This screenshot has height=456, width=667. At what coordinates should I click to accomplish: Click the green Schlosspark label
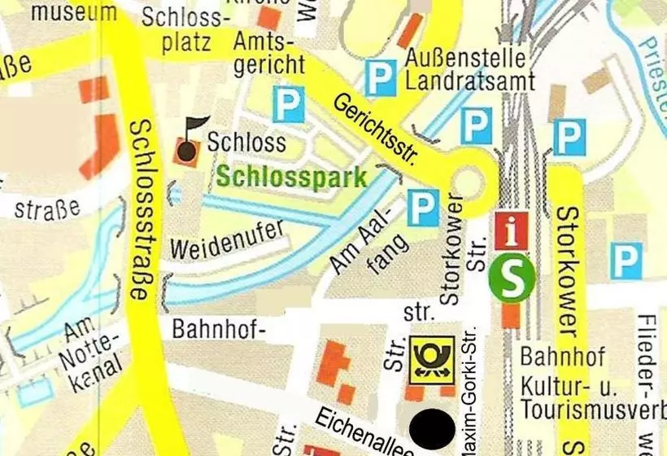pyautogui.click(x=292, y=178)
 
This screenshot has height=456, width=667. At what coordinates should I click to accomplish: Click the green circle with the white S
pyautogui.click(x=512, y=279)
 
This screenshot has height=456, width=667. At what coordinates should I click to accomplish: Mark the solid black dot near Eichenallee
pyautogui.click(x=432, y=428)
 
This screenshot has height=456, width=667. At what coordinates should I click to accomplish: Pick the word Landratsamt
pyautogui.click(x=470, y=81)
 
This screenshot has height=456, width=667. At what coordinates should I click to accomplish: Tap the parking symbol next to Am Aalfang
pyautogui.click(x=423, y=208)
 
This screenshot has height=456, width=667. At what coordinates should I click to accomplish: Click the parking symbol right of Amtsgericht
pyautogui.click(x=288, y=105)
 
